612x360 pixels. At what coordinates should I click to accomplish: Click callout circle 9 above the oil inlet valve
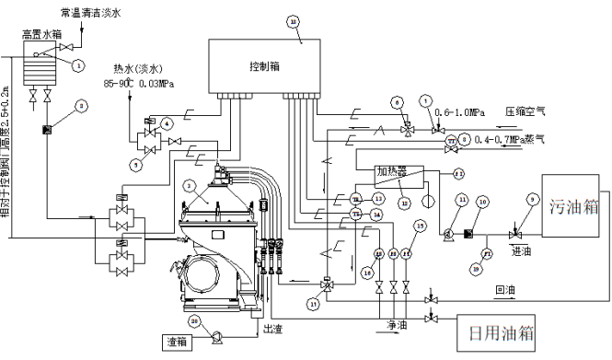533,197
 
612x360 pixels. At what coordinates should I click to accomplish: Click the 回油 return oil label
505,289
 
